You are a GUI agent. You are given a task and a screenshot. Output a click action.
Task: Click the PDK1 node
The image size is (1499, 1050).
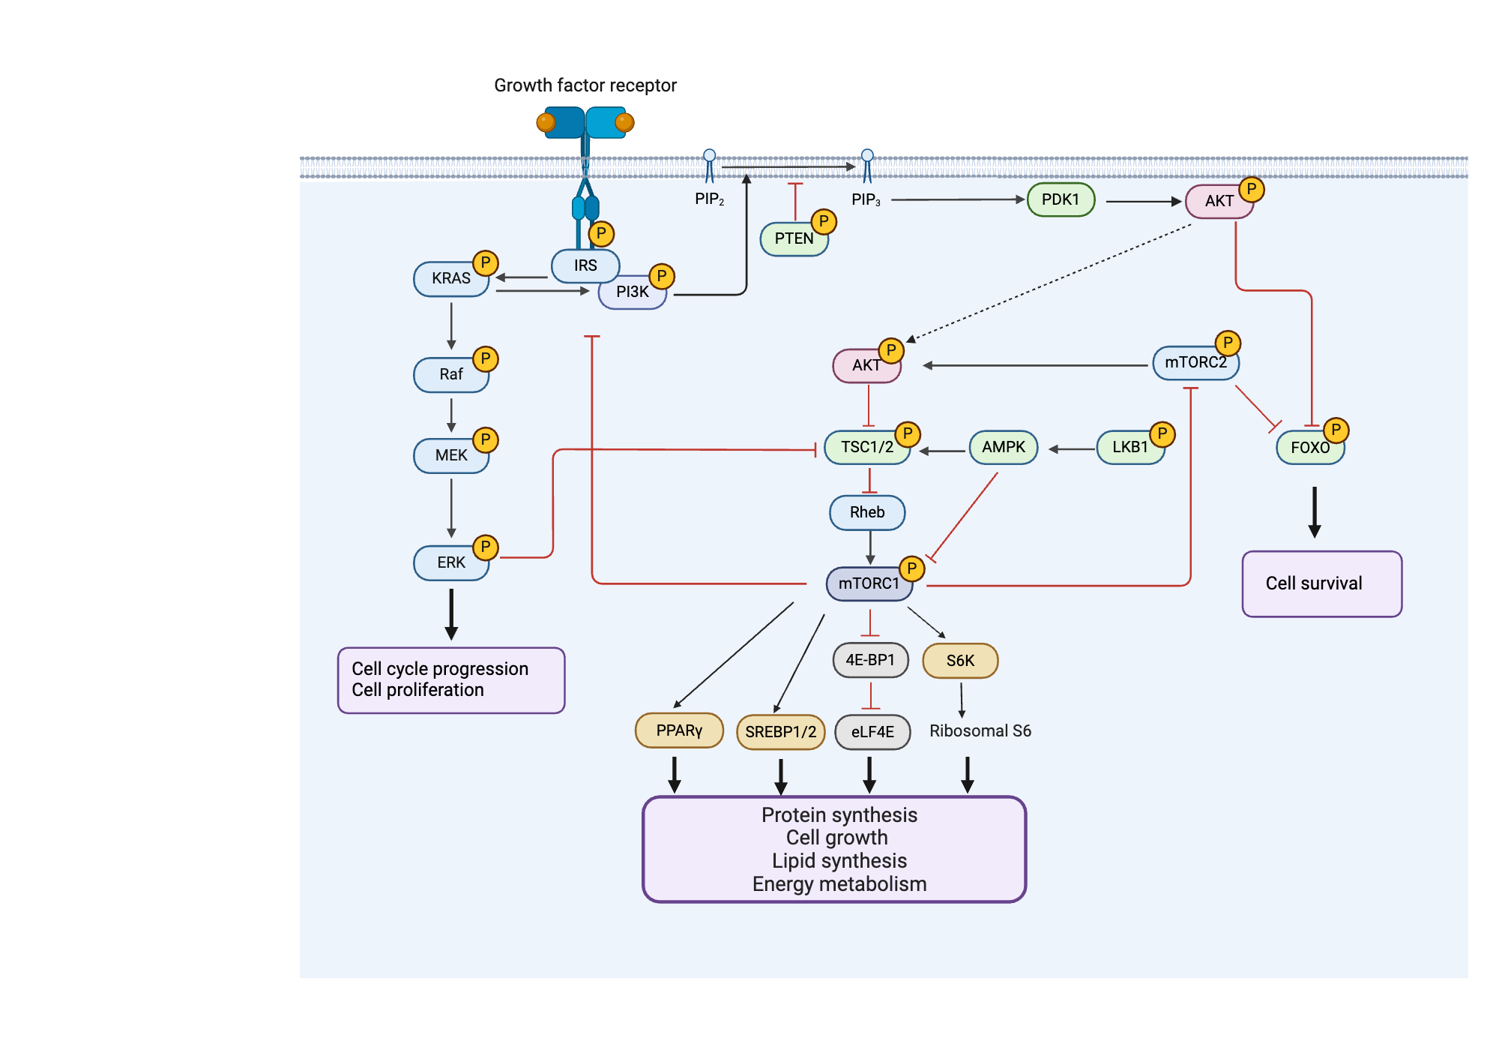pos(1061,200)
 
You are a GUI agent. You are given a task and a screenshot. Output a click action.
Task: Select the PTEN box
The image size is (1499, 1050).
pos(793,239)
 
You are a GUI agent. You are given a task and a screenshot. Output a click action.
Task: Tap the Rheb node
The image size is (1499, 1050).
pos(867,512)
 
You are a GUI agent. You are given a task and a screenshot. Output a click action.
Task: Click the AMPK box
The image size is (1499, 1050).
pos(1003,448)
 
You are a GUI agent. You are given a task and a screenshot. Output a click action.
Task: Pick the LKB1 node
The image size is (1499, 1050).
pos(1129,448)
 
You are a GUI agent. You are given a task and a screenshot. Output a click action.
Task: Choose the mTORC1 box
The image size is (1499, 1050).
pos(868,583)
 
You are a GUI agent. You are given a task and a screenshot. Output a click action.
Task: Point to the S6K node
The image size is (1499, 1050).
pos(960,661)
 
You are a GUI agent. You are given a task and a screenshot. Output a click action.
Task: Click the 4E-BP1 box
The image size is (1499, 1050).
pos(870,660)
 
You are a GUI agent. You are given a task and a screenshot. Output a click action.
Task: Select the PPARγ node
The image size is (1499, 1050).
pos(679,730)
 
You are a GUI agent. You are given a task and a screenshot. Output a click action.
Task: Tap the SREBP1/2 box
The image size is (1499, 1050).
pos(780,732)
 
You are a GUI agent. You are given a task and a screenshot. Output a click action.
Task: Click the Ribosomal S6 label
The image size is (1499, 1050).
pos(980,730)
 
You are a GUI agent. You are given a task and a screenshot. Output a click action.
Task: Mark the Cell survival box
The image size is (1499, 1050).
pos(1321,583)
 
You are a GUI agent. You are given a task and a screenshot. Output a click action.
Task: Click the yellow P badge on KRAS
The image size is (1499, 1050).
pos(486,263)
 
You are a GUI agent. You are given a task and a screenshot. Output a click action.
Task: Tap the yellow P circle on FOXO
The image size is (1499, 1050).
pos(1336,430)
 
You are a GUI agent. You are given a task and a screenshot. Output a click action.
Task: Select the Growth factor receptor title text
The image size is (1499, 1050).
pos(585,85)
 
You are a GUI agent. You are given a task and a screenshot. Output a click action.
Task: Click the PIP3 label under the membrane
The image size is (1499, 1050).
pos(866,199)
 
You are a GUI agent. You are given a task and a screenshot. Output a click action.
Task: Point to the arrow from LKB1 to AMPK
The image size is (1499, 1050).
pos(1071,449)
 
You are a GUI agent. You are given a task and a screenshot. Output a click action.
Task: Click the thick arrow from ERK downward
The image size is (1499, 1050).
pos(451,614)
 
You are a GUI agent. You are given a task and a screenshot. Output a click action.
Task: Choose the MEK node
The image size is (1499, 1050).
pos(450,455)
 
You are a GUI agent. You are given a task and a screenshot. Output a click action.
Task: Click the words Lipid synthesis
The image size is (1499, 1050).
pos(839,860)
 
